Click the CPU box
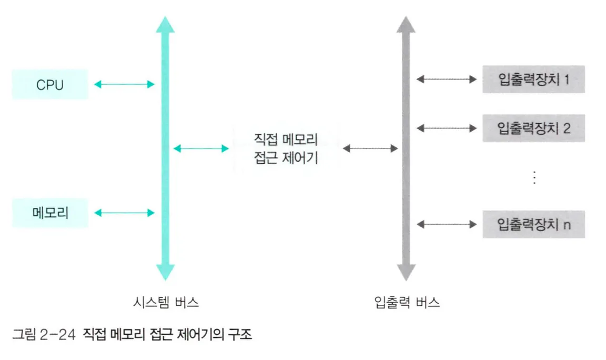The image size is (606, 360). coord(50,84)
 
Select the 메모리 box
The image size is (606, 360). coord(50,213)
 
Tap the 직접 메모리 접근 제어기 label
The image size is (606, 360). coord(286,148)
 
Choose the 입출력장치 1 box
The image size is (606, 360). coord(533,79)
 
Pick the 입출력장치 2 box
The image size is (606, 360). coord(533,128)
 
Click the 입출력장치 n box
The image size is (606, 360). coord(533,225)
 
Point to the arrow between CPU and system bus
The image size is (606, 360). coord(124,84)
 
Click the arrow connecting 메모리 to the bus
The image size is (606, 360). coord(124,213)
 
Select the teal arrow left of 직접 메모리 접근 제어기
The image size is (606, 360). coord(201,148)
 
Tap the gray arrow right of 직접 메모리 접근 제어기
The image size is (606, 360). coord(370,148)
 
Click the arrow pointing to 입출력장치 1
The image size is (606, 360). coord(446,79)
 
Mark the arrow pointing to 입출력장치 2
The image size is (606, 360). coord(446,128)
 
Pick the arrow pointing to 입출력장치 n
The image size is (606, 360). coord(446,225)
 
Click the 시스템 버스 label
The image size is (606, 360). coord(166,303)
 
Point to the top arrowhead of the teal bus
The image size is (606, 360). coord(165,25)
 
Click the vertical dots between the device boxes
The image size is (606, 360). coord(533,178)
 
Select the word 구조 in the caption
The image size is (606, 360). coord(241,335)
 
